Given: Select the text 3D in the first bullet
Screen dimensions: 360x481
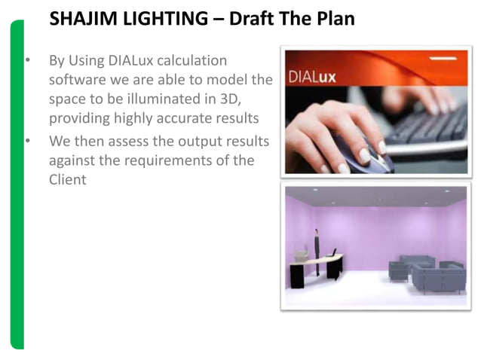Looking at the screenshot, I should (x=227, y=99).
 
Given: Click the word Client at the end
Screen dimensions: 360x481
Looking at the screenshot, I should (x=67, y=180).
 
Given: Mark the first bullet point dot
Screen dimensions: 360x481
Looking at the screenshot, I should (x=27, y=60).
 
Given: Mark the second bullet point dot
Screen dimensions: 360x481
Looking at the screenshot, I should (x=27, y=141).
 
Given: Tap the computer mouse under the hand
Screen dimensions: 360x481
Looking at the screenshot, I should (x=354, y=147).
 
